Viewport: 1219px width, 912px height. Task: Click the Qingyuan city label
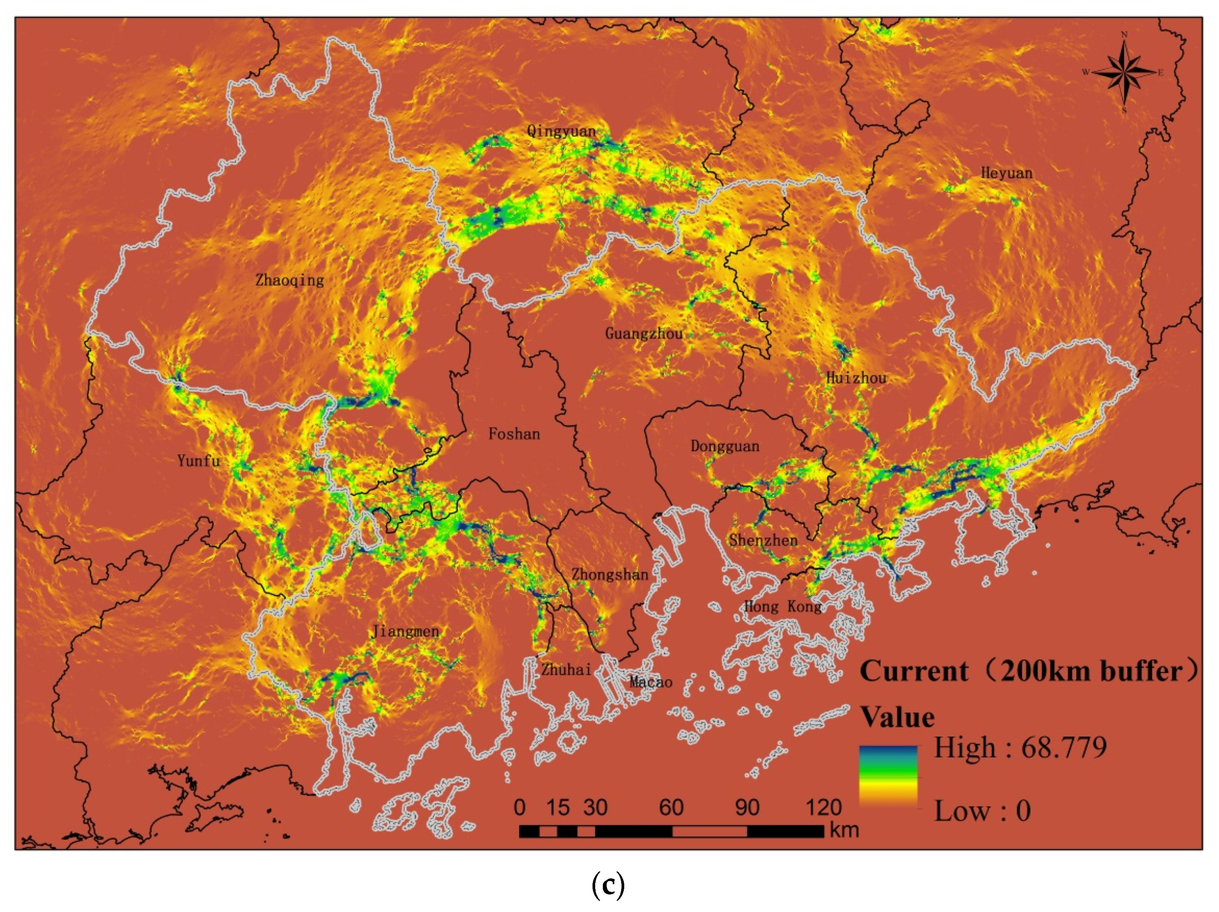click(561, 131)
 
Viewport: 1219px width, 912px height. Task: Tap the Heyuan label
click(1006, 173)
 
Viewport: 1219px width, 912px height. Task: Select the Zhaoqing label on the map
click(289, 280)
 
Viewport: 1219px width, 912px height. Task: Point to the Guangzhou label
click(644, 333)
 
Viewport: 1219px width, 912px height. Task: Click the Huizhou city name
click(856, 378)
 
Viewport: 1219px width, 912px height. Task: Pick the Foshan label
click(514, 434)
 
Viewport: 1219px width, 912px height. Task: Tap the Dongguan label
click(725, 446)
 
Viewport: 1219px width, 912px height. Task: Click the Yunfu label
click(199, 460)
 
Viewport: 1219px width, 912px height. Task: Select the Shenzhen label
click(763, 540)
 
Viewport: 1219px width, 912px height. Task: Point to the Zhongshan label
click(609, 575)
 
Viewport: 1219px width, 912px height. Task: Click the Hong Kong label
click(783, 607)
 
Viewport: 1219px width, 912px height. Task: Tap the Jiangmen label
click(406, 631)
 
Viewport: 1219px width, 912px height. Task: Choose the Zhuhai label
click(566, 670)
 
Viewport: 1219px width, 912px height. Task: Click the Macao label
click(651, 682)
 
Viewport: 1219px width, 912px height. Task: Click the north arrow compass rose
click(1124, 72)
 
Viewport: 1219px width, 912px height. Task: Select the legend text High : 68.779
click(1019, 748)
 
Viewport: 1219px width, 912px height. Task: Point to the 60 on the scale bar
click(671, 808)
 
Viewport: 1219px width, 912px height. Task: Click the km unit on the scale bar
click(844, 830)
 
